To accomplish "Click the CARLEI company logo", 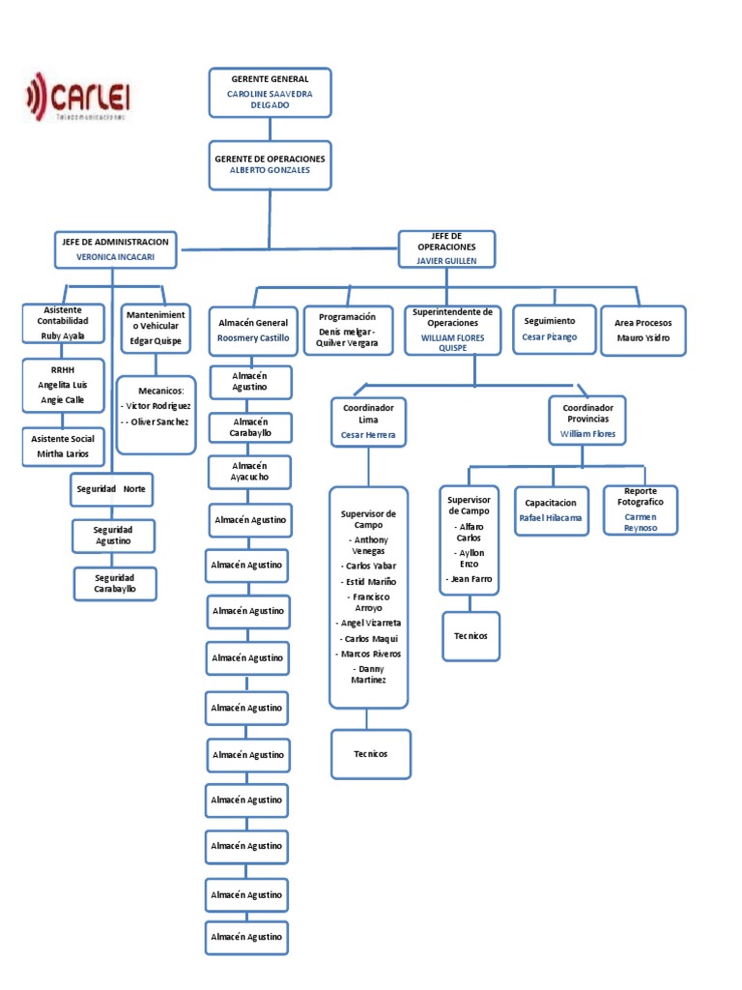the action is point(77,98).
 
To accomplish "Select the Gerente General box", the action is point(271,93).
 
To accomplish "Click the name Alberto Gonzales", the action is point(271,170).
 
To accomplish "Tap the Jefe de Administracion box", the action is point(116,249).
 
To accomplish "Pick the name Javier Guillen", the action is point(446,261).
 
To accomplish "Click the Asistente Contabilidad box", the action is point(63,324).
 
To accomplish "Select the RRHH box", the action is point(63,386).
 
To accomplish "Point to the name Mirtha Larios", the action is point(63,454).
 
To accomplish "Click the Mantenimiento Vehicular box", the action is point(156,328).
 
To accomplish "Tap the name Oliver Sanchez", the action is point(159,422).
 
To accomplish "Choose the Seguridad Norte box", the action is point(112,489).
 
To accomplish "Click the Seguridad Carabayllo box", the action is point(115,584).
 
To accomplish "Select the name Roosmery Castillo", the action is point(253,338).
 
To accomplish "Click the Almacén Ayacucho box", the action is point(250,472).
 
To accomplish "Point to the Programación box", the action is point(348,331).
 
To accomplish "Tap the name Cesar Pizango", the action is point(550,337).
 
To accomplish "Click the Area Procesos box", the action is point(642,331).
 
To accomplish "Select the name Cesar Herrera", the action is point(368,435).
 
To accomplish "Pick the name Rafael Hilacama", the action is point(551,518).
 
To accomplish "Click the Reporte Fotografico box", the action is point(641,510).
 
